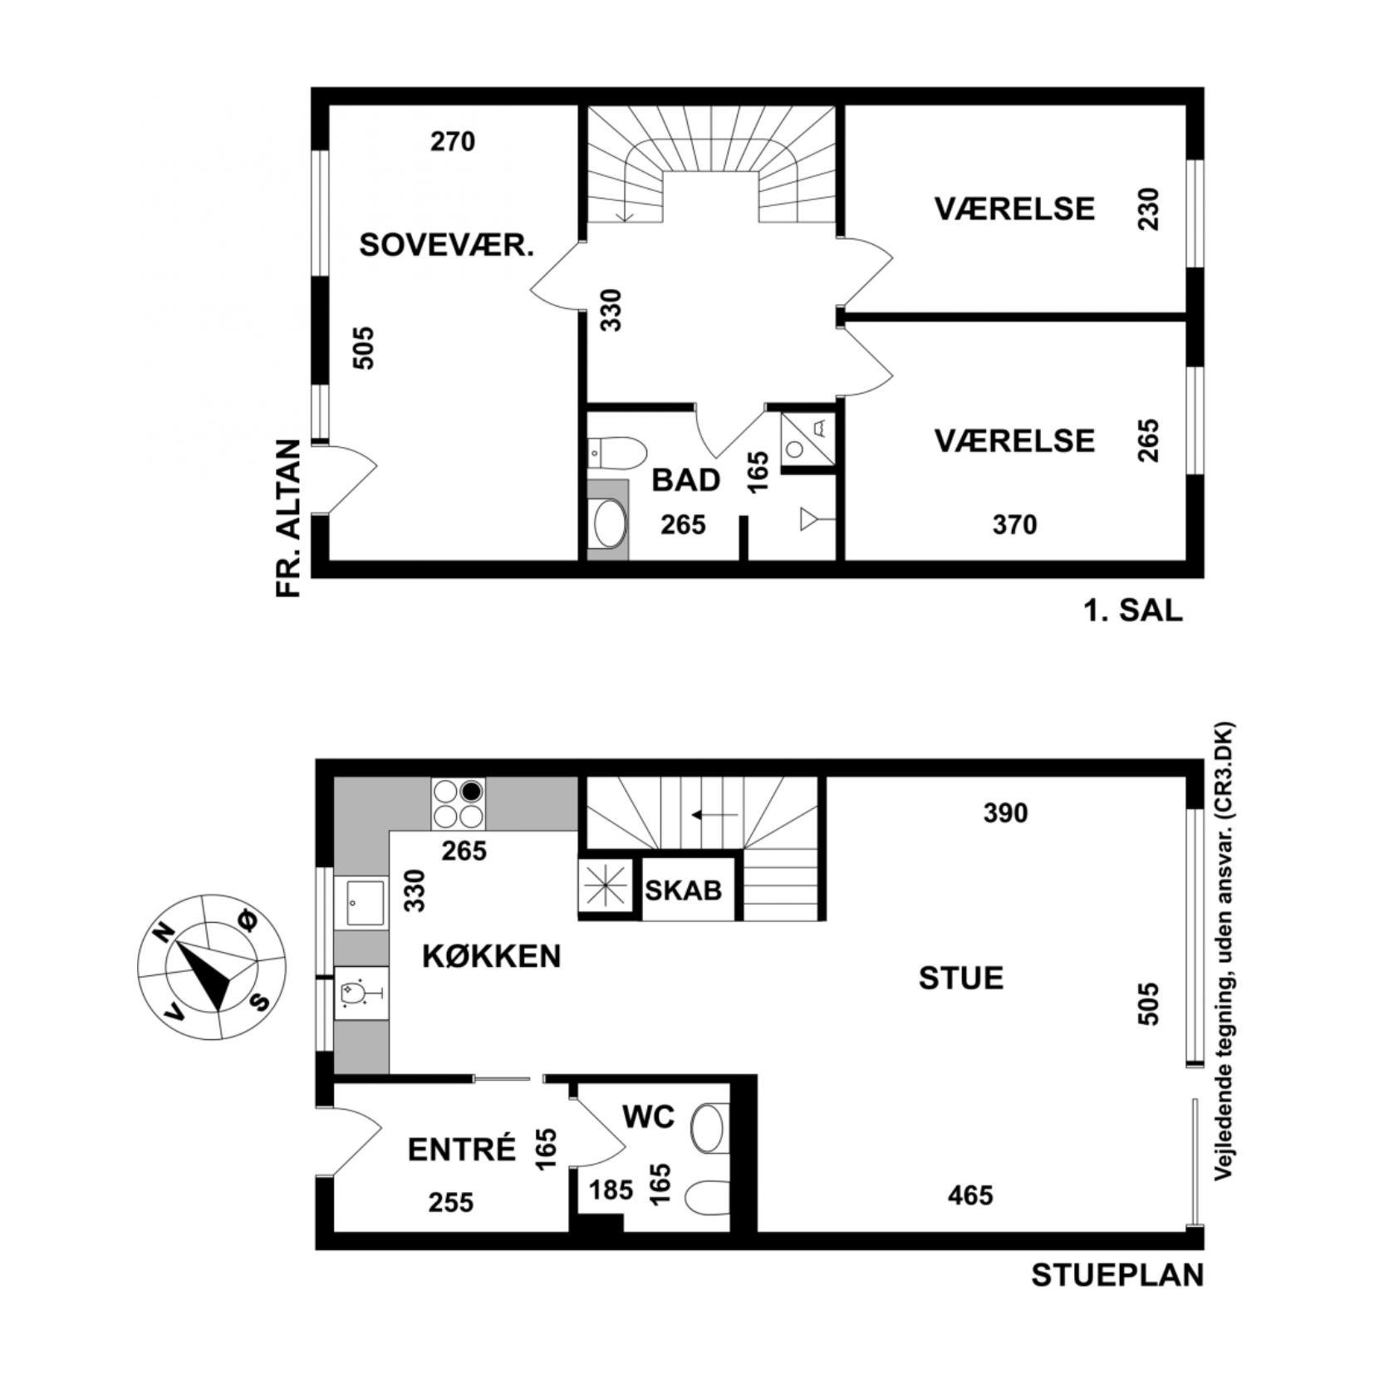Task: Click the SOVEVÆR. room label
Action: tap(446, 245)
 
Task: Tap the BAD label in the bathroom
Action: tap(685, 480)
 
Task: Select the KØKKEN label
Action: tap(492, 956)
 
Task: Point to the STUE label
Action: tap(961, 978)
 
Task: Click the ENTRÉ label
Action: tap(462, 1150)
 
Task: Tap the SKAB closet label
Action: tap(684, 891)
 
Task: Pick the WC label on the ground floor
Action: tap(648, 1117)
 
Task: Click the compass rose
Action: tap(213, 966)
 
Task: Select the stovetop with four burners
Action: tap(458, 803)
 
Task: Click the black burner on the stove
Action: tap(472, 791)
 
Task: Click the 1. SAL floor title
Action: tap(1132, 611)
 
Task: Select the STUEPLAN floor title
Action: tap(1117, 1275)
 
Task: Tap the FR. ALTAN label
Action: tap(287, 518)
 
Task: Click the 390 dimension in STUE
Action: tap(1005, 812)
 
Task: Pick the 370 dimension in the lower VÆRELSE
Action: tap(1015, 525)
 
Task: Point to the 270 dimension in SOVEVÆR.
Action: tap(453, 142)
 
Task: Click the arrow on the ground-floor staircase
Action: tap(715, 815)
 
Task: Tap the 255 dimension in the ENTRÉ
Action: tap(451, 1202)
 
